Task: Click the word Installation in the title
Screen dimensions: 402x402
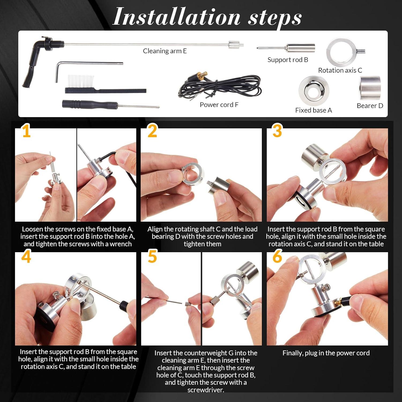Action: [x=177, y=17]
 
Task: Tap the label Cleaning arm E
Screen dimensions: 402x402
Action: [x=165, y=51]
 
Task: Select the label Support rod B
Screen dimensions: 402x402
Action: [x=288, y=60]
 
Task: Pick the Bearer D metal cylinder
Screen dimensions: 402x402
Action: [x=370, y=88]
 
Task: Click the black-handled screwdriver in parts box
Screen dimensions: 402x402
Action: [x=110, y=105]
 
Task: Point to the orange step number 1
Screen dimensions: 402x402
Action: [x=26, y=131]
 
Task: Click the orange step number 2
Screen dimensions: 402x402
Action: [x=152, y=131]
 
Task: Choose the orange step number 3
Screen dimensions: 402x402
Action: [x=277, y=131]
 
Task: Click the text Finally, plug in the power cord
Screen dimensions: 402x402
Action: [x=326, y=353]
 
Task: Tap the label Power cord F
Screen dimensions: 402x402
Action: [x=219, y=105]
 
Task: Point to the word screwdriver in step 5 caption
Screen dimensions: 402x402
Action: [x=206, y=390]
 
